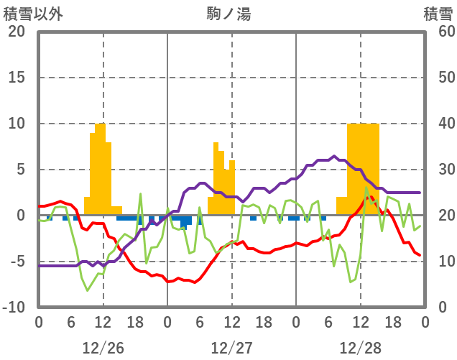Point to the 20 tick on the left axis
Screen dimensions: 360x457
point(16,32)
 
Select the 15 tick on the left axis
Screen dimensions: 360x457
point(16,78)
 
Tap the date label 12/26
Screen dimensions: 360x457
point(103,348)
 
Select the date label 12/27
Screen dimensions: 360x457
point(231,348)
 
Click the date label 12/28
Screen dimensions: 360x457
point(361,348)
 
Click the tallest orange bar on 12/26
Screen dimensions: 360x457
point(100,169)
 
